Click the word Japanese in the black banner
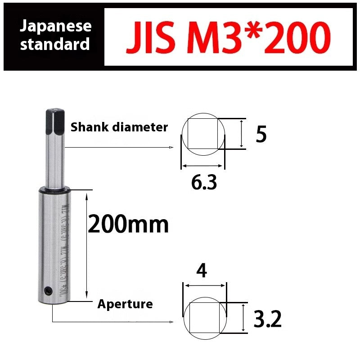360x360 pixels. (x=56, y=26)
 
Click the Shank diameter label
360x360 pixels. (x=119, y=127)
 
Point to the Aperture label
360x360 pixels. (x=125, y=304)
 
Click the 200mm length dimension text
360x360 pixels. (x=128, y=225)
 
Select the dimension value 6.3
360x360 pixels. (x=204, y=182)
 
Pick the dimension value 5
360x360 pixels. (x=261, y=134)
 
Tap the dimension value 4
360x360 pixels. (x=202, y=271)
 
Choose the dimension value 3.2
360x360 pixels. (x=267, y=319)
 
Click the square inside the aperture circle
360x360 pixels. (x=204, y=317)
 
